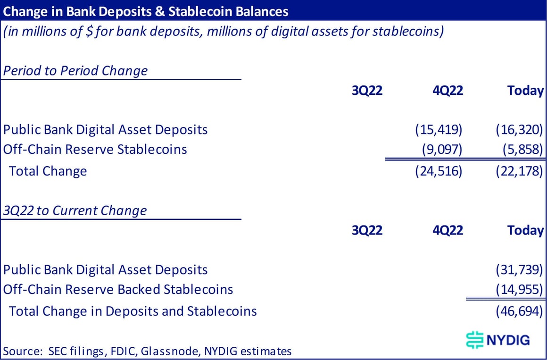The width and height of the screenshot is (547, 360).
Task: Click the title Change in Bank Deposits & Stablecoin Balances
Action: pyautogui.click(x=146, y=11)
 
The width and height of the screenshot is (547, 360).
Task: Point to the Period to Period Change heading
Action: pyautogui.click(x=75, y=71)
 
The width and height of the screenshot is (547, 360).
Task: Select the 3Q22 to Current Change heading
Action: pyautogui.click(x=75, y=210)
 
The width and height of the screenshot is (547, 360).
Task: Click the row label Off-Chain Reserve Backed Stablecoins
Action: pyautogui.click(x=118, y=289)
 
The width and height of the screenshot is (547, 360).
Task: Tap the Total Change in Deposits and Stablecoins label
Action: pyautogui.click(x=133, y=311)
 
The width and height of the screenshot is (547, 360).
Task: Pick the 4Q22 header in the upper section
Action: pyautogui.click(x=448, y=91)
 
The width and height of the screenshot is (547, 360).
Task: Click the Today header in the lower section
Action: pyautogui.click(x=525, y=230)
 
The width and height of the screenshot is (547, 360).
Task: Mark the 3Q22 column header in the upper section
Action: pyautogui.click(x=367, y=91)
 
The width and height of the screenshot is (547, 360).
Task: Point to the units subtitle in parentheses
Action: pyautogui.click(x=224, y=33)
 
